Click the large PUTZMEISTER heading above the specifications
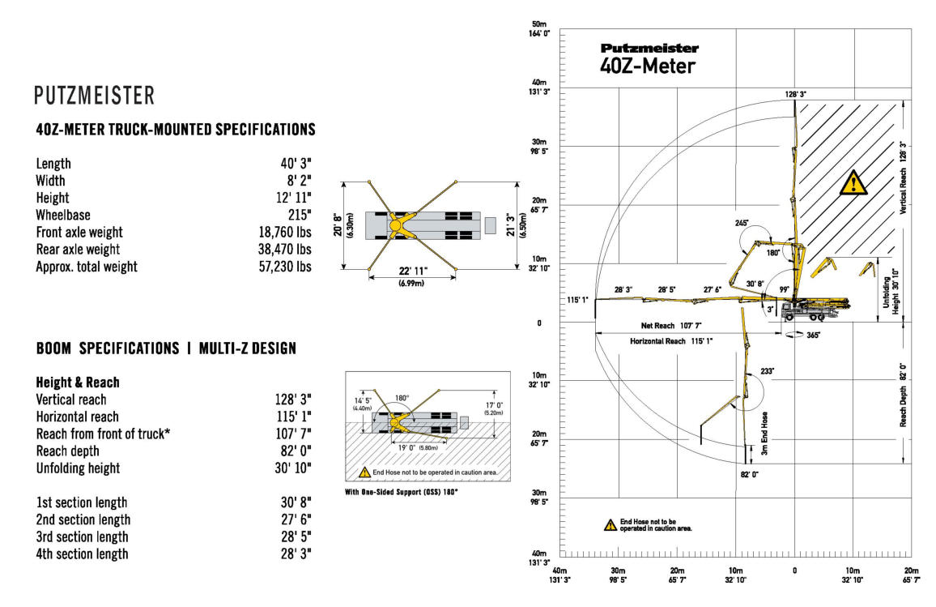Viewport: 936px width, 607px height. pyautogui.click(x=94, y=96)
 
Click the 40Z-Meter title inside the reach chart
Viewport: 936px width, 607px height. pyautogui.click(x=647, y=66)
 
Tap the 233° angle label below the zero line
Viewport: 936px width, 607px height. pyautogui.click(x=767, y=371)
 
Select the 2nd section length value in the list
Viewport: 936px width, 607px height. pyautogui.click(x=296, y=519)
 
